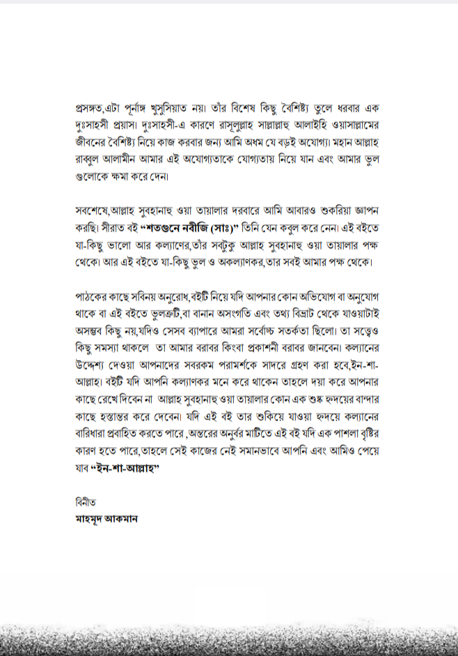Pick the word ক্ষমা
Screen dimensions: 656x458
pos(122,178)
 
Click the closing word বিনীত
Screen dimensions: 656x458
pos(86,503)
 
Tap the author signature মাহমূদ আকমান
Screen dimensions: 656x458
pos(106,520)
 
